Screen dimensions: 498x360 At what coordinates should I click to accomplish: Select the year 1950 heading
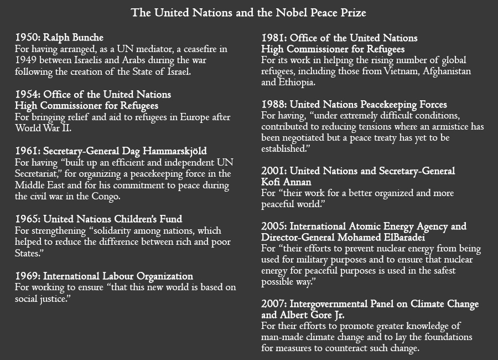click(27, 38)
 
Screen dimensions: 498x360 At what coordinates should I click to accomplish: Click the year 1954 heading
click(27, 95)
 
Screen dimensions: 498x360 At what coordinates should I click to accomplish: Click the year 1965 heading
click(27, 219)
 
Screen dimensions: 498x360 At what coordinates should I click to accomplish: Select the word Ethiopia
click(297, 83)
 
